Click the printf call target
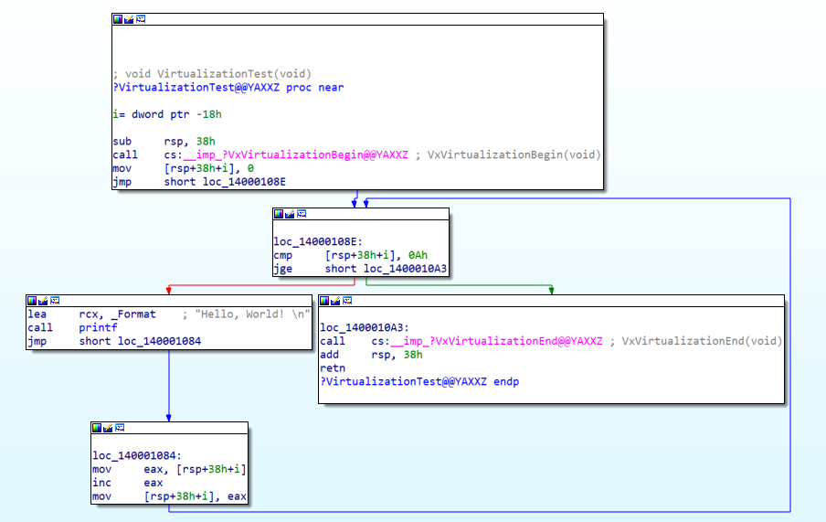[x=98, y=327]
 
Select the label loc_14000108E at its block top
[x=318, y=241]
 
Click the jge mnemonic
[x=283, y=269]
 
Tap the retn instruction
[x=333, y=368]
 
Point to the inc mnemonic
[x=101, y=483]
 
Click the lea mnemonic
[x=37, y=314]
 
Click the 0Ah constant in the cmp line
[x=418, y=255]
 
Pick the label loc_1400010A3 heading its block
[x=365, y=327]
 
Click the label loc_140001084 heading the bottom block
[x=137, y=455]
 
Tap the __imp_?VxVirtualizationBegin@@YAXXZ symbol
[x=295, y=154]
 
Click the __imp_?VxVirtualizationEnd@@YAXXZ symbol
[x=496, y=341]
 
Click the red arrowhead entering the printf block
[x=168, y=291]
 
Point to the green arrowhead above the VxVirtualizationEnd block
[x=551, y=291]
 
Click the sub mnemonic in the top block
[x=122, y=142]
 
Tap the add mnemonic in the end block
[x=330, y=355]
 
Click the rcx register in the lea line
[x=89, y=314]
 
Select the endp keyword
[x=506, y=382]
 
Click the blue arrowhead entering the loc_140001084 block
[x=168, y=418]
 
